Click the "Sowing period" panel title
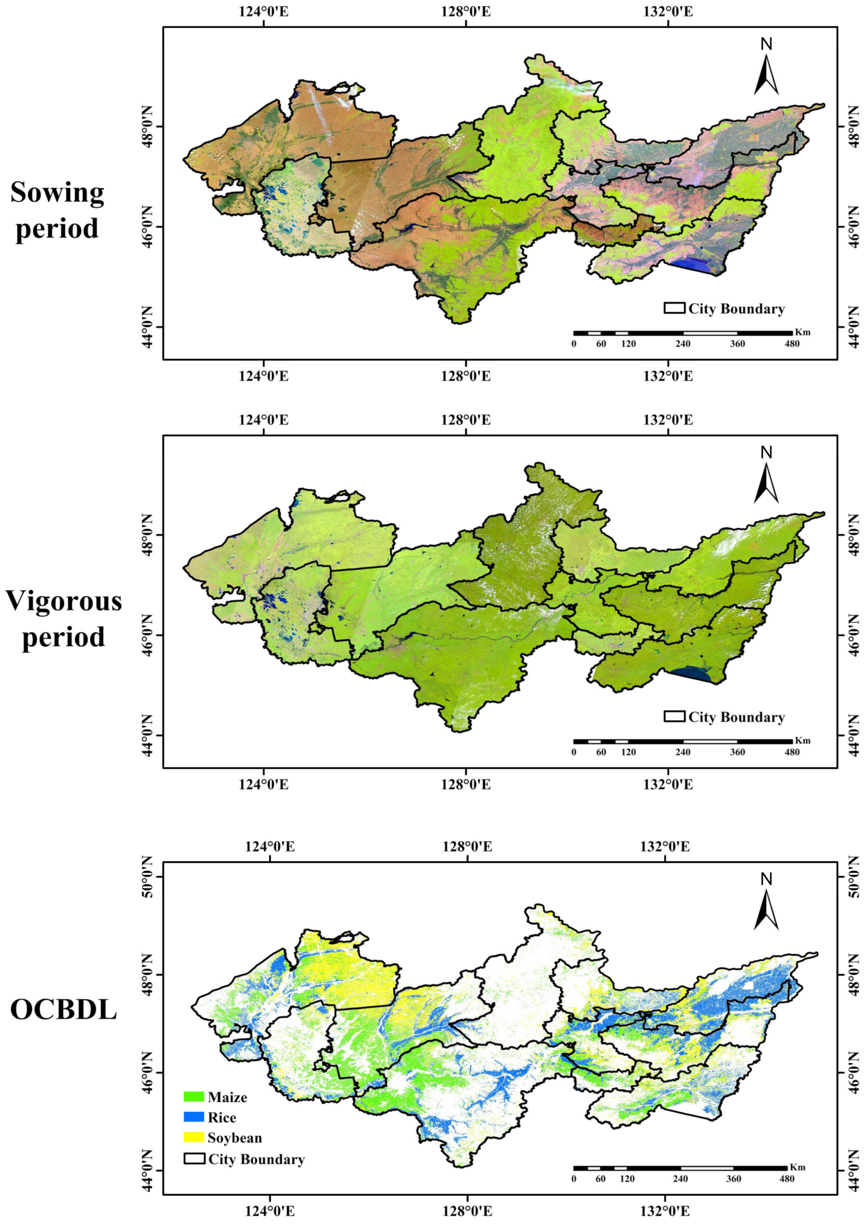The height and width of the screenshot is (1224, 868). click(57, 210)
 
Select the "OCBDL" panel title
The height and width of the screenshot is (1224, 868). click(63, 1010)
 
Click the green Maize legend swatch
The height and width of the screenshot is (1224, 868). click(193, 1097)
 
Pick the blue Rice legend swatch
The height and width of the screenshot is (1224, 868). click(193, 1117)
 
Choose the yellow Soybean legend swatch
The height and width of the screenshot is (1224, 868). click(193, 1137)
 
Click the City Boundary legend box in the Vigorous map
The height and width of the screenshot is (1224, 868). click(675, 717)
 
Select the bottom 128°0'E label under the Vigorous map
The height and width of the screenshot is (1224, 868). click(466, 784)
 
